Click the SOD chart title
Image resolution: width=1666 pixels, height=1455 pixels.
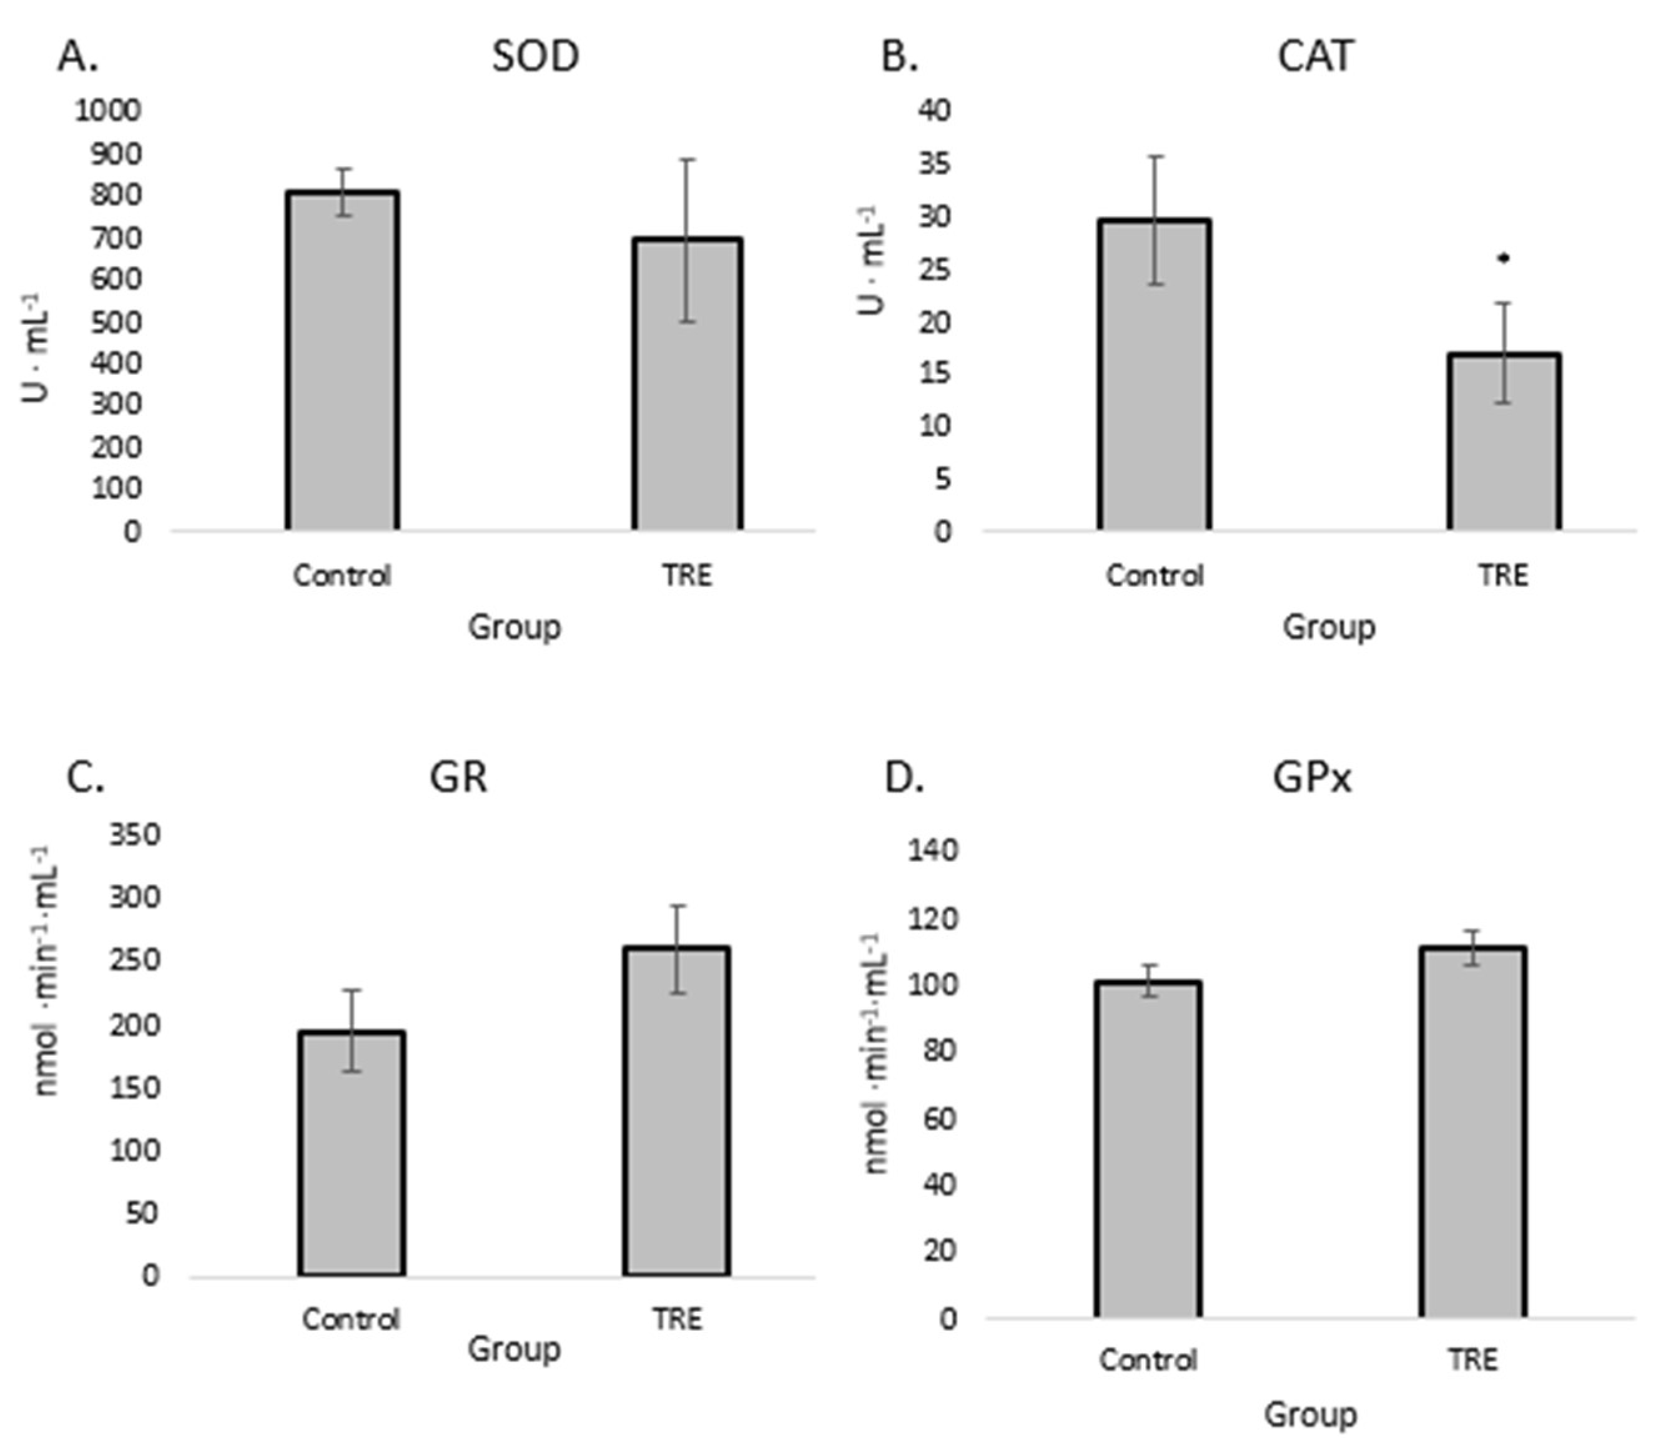[535, 57]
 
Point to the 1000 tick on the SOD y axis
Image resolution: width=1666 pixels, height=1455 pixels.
[108, 111]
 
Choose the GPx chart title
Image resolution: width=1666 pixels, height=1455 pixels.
[1312, 778]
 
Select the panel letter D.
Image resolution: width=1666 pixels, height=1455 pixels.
[903, 778]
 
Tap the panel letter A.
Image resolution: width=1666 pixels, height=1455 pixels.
[78, 57]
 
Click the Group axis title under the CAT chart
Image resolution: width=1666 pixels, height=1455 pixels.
[1329, 627]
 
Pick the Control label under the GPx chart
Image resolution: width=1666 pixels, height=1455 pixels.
[1148, 1360]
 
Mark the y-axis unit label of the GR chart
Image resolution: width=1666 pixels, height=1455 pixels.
[46, 971]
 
